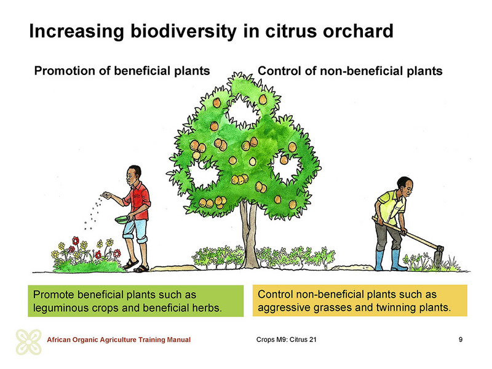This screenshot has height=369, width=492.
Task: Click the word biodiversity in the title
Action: (183, 31)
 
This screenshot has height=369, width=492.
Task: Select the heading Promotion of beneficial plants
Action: (122, 71)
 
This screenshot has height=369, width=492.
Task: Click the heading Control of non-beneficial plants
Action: (350, 71)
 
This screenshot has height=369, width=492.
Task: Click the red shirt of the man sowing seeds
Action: (138, 202)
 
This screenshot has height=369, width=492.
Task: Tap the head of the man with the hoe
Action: (405, 186)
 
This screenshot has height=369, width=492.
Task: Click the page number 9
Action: (460, 339)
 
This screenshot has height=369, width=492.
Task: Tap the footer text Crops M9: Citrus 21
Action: (286, 339)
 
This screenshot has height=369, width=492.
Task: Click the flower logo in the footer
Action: (28, 342)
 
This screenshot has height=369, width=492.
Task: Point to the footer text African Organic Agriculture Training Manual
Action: (119, 339)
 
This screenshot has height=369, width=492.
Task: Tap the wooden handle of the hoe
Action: (405, 232)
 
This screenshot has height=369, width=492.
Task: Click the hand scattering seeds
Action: (107, 195)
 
